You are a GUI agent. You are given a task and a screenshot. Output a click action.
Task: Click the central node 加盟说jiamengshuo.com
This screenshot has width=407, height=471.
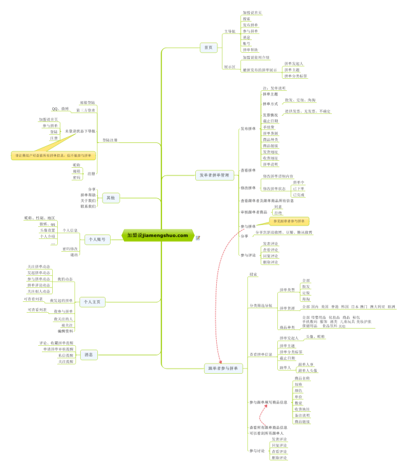point(157,235)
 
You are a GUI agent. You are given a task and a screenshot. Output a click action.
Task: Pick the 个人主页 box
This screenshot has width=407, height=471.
point(92,302)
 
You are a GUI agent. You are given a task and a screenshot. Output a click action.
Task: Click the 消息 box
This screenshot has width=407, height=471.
point(88,355)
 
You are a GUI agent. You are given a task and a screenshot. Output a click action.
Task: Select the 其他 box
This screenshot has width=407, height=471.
point(111,198)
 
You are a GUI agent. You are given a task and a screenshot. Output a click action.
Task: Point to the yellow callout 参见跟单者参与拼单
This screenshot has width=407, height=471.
point(291,221)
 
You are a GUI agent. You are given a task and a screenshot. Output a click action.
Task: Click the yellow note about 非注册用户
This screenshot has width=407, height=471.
point(53,155)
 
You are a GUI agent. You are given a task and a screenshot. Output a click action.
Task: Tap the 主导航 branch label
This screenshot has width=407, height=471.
point(230,31)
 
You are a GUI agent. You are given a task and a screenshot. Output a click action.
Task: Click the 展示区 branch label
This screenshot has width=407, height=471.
point(230,65)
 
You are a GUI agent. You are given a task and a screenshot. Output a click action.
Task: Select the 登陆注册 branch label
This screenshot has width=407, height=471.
point(109,139)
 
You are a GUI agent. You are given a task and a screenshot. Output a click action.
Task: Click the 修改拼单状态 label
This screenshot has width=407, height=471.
point(274,189)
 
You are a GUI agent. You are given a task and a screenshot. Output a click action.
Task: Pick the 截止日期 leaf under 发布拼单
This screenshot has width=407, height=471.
point(270,121)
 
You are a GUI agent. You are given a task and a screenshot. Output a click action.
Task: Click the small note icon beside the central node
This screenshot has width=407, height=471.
point(198,238)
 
